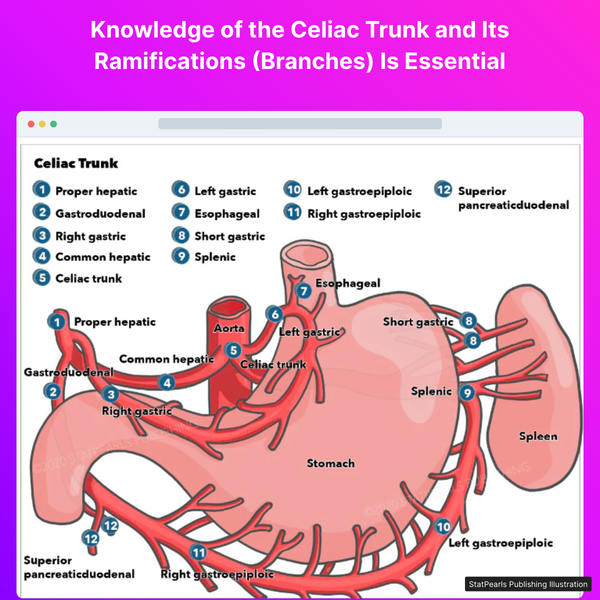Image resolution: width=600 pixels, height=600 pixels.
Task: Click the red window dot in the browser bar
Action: tap(31, 124)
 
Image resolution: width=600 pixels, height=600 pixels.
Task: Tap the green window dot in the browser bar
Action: tap(53, 124)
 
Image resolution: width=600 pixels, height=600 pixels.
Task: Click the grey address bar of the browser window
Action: tap(300, 123)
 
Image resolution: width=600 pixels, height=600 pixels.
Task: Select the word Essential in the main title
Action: tap(454, 61)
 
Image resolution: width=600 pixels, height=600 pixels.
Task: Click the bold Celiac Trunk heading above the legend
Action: tap(76, 163)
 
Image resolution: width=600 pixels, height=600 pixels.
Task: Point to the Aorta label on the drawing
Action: tap(229, 328)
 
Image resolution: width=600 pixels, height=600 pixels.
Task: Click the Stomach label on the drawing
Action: tap(330, 463)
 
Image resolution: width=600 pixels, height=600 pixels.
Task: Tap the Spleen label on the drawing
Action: tap(537, 436)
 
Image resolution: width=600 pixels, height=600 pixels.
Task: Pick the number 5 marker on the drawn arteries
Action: tap(233, 350)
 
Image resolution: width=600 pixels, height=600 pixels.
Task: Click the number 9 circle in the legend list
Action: tap(181, 256)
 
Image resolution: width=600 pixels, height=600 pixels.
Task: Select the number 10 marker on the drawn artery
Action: tap(443, 526)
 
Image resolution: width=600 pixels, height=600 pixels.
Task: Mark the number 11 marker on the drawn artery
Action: tap(198, 552)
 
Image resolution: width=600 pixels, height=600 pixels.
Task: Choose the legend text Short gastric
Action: tap(229, 236)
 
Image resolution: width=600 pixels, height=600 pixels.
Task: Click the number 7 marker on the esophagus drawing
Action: tap(303, 290)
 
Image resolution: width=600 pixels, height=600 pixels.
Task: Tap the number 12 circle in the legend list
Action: tap(443, 189)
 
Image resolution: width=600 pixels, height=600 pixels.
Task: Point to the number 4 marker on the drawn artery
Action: tap(166, 383)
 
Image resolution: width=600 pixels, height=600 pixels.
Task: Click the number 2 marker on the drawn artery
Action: tap(52, 391)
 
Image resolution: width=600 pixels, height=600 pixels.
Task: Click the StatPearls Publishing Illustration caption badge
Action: tap(528, 584)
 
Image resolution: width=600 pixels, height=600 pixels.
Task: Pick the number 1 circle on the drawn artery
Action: tap(57, 321)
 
